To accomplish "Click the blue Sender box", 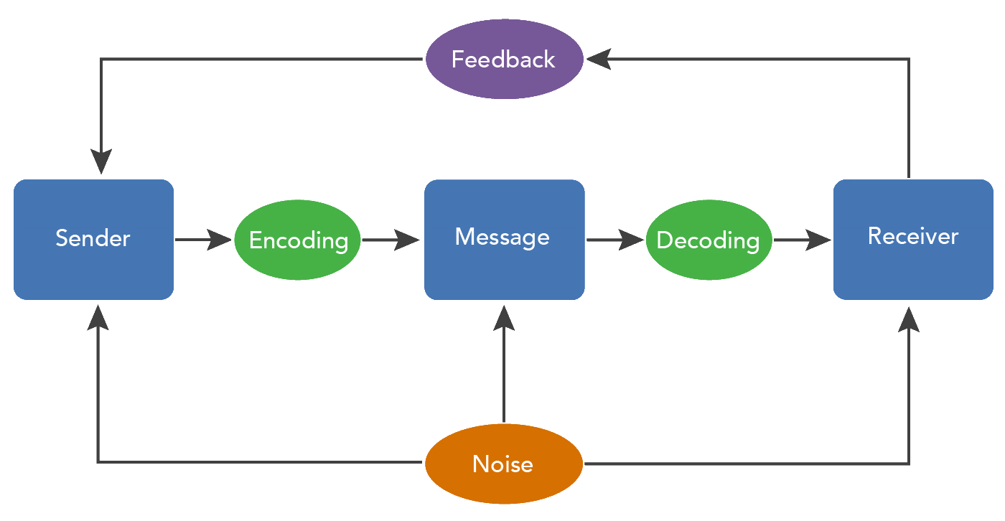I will (93, 239).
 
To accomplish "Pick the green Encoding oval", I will (298, 240).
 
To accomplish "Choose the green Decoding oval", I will (709, 240).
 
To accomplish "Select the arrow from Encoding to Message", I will (391, 240).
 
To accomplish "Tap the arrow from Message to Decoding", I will (615, 240).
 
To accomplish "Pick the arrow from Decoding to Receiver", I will (802, 240).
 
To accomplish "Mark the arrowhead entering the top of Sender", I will (101, 161).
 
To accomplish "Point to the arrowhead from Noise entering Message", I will (504, 316).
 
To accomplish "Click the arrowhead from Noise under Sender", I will (98, 316).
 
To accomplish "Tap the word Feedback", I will (503, 60).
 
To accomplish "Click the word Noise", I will (503, 464).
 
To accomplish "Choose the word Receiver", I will (913, 236).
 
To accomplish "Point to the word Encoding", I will (298, 240).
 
